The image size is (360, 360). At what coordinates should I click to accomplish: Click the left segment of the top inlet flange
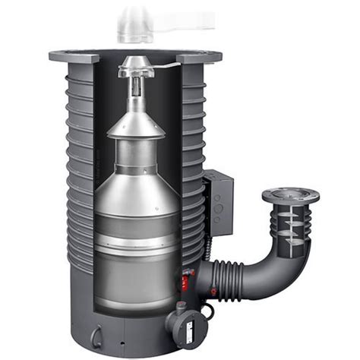(74, 57)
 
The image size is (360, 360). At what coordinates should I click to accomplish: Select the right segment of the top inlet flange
(199, 57)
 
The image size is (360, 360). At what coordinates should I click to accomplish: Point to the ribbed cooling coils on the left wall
(80, 167)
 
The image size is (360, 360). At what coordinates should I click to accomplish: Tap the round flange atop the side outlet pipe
(290, 196)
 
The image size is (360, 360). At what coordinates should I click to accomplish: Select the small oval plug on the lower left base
(97, 336)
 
